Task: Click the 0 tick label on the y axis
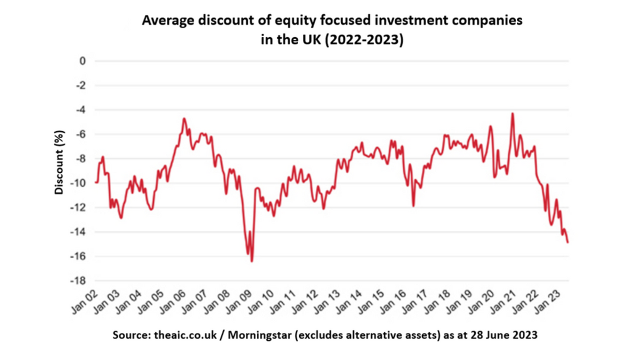point(82,61)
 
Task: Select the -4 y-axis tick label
point(80,110)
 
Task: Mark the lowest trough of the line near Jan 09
point(252,261)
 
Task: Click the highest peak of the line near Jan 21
point(513,114)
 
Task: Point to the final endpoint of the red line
point(568,242)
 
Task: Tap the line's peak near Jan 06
point(184,118)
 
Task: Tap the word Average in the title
point(165,22)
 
